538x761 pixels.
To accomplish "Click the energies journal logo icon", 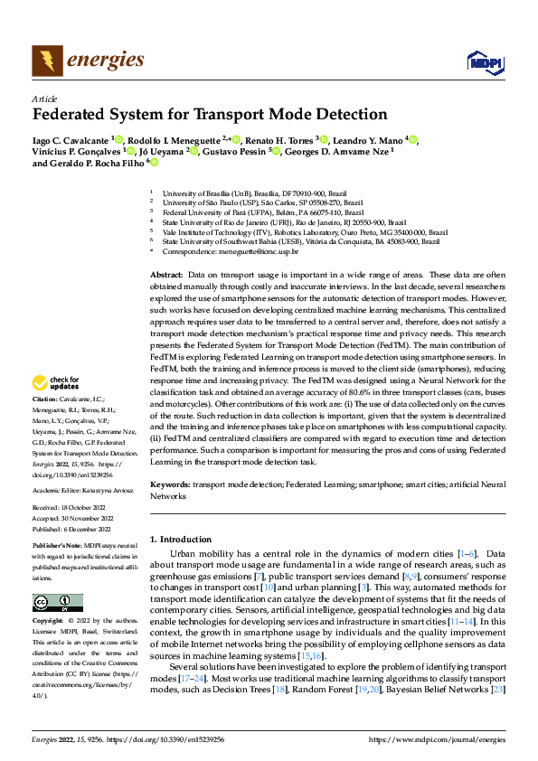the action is (46, 61).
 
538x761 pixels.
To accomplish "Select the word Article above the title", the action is (44, 99).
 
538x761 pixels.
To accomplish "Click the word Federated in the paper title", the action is (73, 116).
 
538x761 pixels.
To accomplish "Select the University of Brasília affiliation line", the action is (253, 193).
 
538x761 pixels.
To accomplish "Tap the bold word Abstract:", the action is (166, 274).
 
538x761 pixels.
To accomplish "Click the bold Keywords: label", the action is (169, 485).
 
